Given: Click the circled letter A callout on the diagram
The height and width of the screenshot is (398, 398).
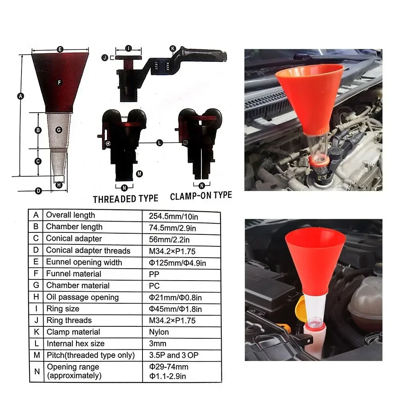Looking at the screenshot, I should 21,96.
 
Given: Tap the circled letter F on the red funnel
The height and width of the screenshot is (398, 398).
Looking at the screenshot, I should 59,82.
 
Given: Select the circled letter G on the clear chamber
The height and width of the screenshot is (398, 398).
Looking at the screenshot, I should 59,130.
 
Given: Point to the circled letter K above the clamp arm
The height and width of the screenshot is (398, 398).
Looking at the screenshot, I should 173,49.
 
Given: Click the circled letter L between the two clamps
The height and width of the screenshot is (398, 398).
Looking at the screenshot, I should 160,142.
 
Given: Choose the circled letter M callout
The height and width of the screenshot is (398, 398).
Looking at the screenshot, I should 139,174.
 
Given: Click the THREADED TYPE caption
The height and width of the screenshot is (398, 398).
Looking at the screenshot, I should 125,199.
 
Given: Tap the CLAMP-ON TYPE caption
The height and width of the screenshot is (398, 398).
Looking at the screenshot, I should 201,196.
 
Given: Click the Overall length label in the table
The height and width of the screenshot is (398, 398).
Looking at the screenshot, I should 70,215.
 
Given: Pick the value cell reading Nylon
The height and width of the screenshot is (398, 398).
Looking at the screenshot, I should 159,332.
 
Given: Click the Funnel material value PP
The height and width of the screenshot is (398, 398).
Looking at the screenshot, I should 154,274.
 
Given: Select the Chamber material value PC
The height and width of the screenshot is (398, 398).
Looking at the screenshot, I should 154,285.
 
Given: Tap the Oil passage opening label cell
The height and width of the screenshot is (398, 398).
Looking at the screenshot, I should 82,297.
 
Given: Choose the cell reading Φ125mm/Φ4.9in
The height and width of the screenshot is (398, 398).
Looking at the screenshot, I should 177,262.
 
